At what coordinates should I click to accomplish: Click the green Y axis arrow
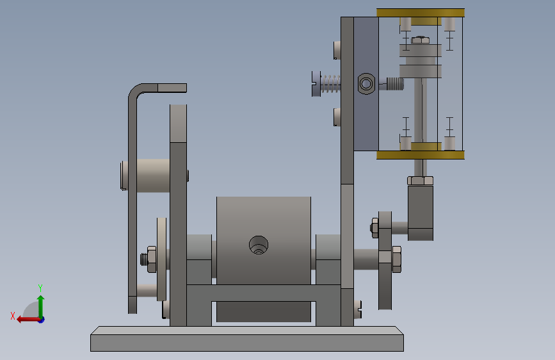(41, 306)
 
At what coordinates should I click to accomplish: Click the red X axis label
(13, 316)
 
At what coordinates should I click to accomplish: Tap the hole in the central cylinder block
(259, 245)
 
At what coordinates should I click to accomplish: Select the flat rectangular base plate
(246, 339)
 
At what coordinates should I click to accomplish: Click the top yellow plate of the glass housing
(421, 13)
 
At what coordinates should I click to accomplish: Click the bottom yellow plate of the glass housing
(421, 155)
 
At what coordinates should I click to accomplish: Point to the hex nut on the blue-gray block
(366, 84)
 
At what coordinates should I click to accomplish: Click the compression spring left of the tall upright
(330, 84)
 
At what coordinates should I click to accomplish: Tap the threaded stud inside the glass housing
(395, 84)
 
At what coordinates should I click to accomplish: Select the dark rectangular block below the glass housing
(421, 213)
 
